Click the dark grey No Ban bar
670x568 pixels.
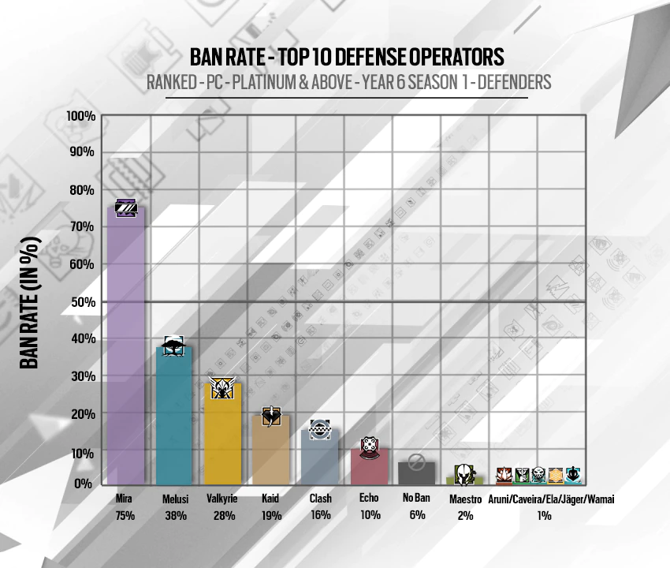tap(416, 474)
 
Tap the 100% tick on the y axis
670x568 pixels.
tap(81, 116)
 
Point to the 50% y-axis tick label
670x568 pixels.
tap(83, 302)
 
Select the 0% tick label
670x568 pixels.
tap(86, 483)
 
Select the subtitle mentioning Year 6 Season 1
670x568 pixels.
tap(347, 81)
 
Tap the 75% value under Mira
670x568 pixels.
tap(125, 515)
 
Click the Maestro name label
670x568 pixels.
tap(465, 499)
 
